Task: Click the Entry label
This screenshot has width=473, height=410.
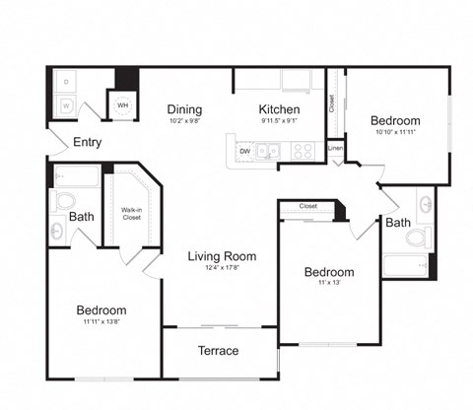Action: [87, 142]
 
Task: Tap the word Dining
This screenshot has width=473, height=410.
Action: [184, 109]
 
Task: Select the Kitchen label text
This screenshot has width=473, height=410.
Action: [279, 109]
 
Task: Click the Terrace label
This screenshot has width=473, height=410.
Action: [218, 350]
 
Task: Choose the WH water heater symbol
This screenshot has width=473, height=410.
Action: [123, 105]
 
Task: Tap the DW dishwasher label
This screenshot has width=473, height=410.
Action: [242, 152]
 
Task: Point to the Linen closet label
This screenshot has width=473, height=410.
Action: [335, 148]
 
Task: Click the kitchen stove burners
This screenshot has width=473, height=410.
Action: [303, 151]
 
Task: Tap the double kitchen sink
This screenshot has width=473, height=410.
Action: [269, 151]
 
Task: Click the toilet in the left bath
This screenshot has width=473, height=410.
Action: [65, 201]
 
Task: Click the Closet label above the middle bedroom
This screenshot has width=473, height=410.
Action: [307, 207]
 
